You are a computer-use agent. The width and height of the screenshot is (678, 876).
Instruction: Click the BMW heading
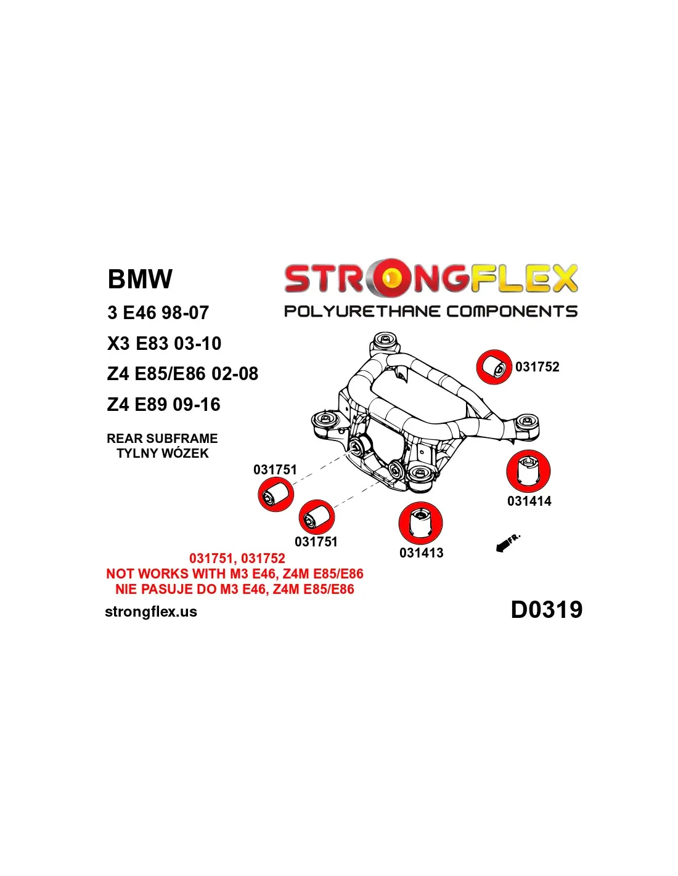coord(140,279)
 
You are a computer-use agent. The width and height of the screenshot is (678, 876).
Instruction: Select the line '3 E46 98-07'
coord(158,313)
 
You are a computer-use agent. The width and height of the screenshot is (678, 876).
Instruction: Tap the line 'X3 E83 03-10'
coord(164,343)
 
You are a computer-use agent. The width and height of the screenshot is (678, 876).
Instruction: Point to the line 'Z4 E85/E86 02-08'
coord(182,374)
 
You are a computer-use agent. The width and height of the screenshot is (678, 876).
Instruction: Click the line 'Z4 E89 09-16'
coord(163,405)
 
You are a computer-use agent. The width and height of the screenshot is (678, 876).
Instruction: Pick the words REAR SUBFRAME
coord(162,439)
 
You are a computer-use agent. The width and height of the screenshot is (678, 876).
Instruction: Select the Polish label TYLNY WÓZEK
coord(163,453)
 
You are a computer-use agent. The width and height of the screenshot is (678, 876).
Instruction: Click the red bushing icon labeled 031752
coord(494,367)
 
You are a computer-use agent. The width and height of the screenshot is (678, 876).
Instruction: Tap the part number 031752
coord(537,367)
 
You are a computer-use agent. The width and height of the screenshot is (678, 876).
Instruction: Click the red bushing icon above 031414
coord(528,471)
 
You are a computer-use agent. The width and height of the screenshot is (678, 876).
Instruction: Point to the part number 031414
coord(529,501)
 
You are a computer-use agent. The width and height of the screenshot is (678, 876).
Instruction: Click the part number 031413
coord(421,553)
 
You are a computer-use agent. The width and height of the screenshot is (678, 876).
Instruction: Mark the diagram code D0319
coord(546,610)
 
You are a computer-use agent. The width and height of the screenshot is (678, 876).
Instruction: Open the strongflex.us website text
coord(151,612)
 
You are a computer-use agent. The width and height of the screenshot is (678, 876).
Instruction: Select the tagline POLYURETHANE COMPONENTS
coord(430,311)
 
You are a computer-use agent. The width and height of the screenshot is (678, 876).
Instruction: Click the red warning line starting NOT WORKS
coord(235,574)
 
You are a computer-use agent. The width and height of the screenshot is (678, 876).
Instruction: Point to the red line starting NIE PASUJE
coord(235,590)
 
